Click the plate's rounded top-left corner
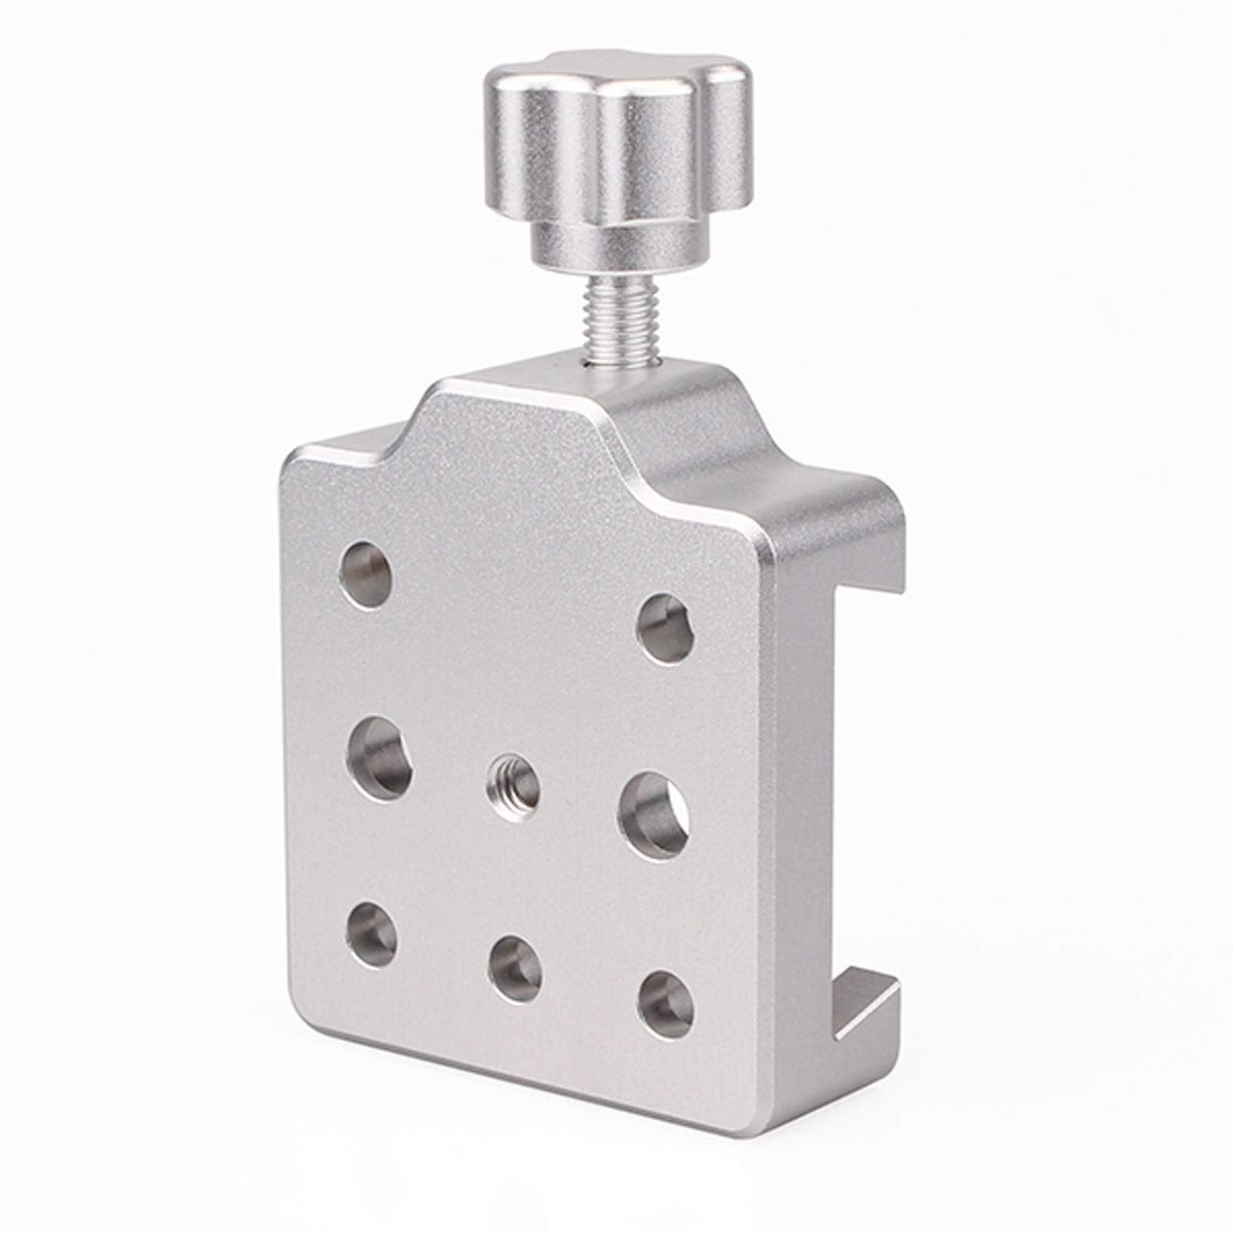[x=297, y=462]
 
